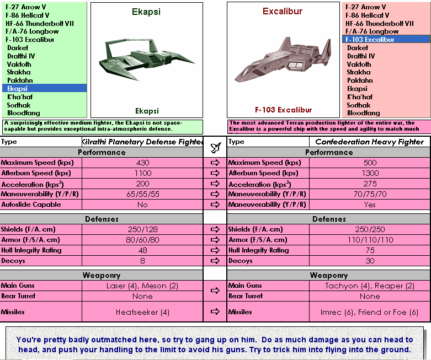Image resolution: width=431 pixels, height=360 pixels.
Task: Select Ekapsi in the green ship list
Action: click(x=17, y=88)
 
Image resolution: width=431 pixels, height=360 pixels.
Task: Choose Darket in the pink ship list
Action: click(x=358, y=48)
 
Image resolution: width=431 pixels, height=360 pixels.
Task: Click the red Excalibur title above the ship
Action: click(x=283, y=11)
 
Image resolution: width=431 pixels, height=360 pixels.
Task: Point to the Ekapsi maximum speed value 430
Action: click(x=142, y=163)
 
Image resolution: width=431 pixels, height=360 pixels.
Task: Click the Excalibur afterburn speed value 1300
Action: click(x=370, y=173)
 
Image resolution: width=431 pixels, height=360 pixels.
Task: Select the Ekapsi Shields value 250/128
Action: click(x=142, y=229)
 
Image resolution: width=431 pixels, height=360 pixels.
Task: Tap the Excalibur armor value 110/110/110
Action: click(x=370, y=240)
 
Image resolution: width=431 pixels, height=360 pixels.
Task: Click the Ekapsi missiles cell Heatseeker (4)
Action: click(x=142, y=312)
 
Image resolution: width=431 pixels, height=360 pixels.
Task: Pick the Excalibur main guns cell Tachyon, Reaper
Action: click(x=370, y=286)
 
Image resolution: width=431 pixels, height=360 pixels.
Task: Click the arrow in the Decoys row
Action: click(x=215, y=261)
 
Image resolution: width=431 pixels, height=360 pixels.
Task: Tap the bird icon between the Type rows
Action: click(x=215, y=147)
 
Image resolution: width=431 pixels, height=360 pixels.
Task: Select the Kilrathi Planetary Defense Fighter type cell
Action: click(x=142, y=142)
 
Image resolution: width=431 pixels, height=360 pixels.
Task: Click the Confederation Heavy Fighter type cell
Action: click(x=370, y=142)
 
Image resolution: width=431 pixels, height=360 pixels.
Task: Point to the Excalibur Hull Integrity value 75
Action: click(x=370, y=250)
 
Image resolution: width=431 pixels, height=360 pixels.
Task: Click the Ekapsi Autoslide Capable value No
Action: click(x=142, y=205)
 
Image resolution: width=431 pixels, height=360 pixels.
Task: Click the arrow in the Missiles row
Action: click(x=215, y=312)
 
